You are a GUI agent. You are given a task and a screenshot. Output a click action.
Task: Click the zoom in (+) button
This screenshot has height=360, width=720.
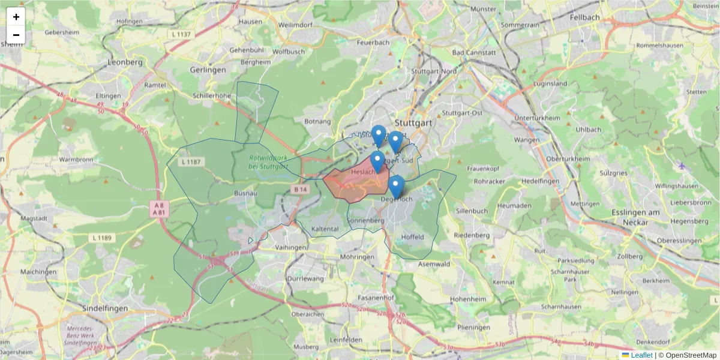(16, 17)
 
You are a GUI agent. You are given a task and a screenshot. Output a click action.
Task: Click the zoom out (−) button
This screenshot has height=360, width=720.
(16, 35)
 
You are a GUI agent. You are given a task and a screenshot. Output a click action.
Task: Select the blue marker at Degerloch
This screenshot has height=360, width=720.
(396, 186)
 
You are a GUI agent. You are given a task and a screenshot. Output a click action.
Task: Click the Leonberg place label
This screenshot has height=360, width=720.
(125, 62)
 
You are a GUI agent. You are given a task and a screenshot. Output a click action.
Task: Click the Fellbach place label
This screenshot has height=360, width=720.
(586, 17)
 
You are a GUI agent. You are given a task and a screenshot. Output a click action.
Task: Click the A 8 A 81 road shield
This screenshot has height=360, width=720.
(159, 208)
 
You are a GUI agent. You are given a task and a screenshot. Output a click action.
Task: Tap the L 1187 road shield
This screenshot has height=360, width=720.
(193, 162)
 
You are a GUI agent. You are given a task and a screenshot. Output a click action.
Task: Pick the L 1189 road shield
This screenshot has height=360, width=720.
(102, 238)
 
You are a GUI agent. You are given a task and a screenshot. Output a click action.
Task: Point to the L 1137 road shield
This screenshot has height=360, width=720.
(181, 35)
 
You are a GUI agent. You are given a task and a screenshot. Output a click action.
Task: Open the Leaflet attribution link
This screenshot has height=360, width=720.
(641, 355)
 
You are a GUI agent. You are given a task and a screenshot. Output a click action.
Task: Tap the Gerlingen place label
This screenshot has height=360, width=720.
(208, 70)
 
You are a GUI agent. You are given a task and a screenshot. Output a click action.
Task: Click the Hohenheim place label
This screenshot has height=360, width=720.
(466, 298)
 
